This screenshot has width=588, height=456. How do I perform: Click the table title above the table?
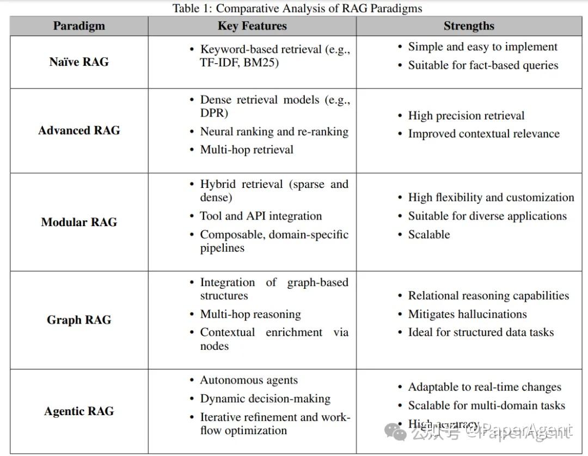pos(297,8)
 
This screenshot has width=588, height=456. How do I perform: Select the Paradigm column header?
pos(79,26)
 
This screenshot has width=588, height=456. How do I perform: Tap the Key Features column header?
pos(252,26)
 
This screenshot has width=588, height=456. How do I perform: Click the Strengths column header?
pos(469,26)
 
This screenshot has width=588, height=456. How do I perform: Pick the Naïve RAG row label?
pos(79,62)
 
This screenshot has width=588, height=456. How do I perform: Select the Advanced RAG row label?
pos(79,130)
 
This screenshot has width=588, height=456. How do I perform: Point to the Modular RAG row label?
pos(79,222)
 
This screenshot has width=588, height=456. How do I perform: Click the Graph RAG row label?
pos(79,320)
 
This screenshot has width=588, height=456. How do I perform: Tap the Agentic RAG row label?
pos(79,411)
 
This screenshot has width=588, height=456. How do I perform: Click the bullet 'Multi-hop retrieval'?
pos(247,149)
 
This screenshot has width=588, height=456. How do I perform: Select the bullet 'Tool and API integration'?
pos(261,216)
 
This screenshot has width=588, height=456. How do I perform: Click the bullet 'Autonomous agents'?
pos(249,380)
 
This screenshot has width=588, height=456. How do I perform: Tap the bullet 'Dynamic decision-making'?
pos(265,398)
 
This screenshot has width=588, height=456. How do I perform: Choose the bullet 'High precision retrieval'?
pos(466,115)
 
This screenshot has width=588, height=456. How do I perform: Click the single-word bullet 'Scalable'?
pos(429,234)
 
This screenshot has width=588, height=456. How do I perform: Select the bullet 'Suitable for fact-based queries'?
pos(483,65)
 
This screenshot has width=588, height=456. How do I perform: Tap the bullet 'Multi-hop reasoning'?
pos(250,314)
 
